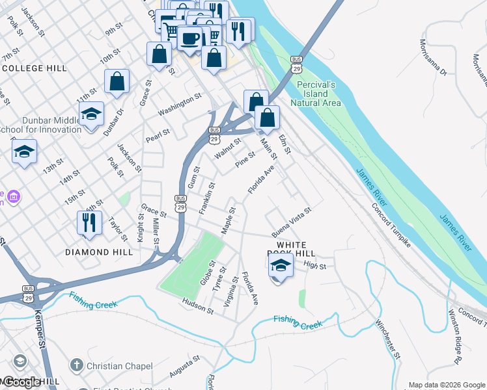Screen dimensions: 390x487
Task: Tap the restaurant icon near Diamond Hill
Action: click(89, 222)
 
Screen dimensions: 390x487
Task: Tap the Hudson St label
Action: click(199, 306)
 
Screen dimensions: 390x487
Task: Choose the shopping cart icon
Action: click(172, 31)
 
